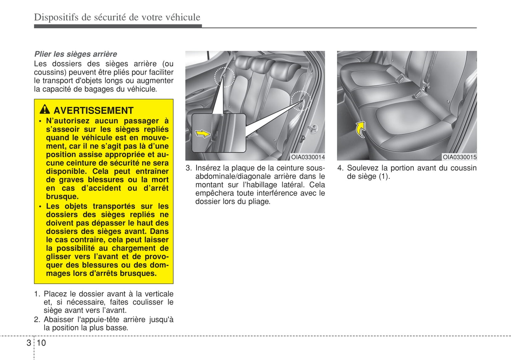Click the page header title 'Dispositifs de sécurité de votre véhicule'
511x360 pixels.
pyautogui.click(x=117, y=17)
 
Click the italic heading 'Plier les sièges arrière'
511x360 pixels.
pyautogui.click(x=76, y=54)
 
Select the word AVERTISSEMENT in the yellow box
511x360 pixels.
pyautogui.click(x=93, y=111)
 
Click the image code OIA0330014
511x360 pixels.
pyautogui.click(x=308, y=157)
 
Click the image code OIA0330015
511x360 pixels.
pyautogui.click(x=459, y=157)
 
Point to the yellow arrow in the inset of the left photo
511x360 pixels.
pyautogui.click(x=203, y=134)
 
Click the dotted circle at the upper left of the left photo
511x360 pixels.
pyautogui.click(x=225, y=77)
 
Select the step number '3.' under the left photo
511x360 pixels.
pyautogui.click(x=189, y=168)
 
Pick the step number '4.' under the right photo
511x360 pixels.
pyautogui.click(x=340, y=168)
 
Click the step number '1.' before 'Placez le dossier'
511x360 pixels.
pyautogui.click(x=37, y=294)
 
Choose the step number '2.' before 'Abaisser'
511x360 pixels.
pyautogui.click(x=37, y=320)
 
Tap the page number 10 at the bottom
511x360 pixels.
pyautogui.click(x=41, y=343)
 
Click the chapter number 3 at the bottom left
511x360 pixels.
pyautogui.click(x=29, y=343)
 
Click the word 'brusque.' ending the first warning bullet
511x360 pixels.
pyautogui.click(x=62, y=197)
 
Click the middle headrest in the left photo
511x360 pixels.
pyautogui.click(x=260, y=64)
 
